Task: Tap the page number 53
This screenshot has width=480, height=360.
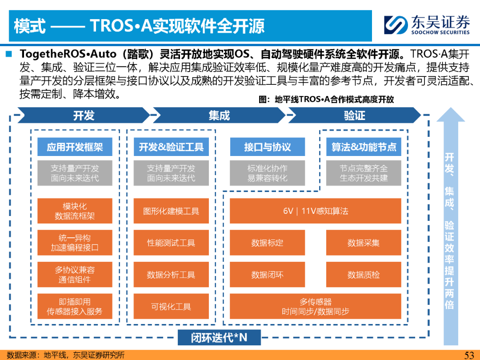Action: [x=469, y=355]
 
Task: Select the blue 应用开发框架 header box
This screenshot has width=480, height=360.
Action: [x=75, y=147]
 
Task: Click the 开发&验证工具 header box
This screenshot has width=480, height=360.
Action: [x=171, y=147]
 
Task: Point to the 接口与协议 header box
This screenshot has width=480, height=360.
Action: [x=267, y=147]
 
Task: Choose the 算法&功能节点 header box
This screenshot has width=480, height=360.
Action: [x=364, y=147]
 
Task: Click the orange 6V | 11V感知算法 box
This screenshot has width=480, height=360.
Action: [x=315, y=211]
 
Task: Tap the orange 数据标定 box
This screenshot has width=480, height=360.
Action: [x=267, y=243]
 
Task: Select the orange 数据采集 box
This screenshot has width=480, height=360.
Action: [x=364, y=243]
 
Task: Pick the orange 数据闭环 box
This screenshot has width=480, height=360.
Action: [x=267, y=275]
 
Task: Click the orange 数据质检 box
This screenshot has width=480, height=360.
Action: [x=364, y=275]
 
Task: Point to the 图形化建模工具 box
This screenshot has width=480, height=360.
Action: [x=171, y=211]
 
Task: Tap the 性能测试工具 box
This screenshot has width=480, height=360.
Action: [x=171, y=243]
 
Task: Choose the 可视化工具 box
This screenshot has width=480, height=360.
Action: [x=171, y=306]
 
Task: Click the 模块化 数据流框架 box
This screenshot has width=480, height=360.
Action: [x=75, y=211]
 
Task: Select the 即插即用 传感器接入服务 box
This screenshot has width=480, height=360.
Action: [x=75, y=306]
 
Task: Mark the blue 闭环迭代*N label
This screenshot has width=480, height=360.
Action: [x=219, y=337]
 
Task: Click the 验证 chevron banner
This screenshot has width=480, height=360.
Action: [x=354, y=115]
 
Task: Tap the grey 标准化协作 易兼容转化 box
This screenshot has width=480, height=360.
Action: [x=267, y=173]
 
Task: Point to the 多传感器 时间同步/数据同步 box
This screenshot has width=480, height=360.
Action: [x=315, y=306]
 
